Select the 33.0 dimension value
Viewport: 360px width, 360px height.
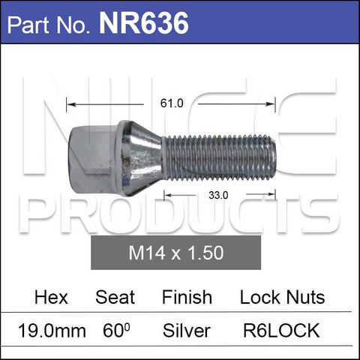tap(218, 194)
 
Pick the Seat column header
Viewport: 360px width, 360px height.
tap(115, 297)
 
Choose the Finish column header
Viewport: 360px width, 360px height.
tap(187, 297)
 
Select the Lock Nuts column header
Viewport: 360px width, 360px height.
tap(282, 297)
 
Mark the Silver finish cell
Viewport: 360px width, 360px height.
tap(186, 331)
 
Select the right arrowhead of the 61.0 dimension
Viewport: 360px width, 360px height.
tap(274, 103)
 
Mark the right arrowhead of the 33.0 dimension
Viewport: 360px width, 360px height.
tap(273, 194)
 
